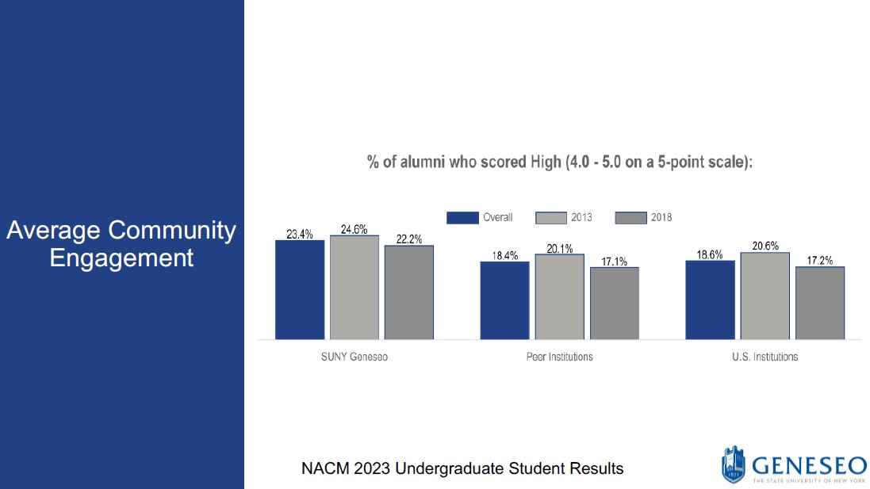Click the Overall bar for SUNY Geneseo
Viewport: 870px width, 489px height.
coord(300,290)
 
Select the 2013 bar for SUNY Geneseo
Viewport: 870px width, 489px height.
coord(355,288)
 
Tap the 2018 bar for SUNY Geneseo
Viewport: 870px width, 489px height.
coord(409,292)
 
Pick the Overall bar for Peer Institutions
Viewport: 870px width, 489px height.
coord(504,300)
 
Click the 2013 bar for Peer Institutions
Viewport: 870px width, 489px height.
coord(559,297)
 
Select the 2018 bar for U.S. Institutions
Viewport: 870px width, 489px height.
coord(820,303)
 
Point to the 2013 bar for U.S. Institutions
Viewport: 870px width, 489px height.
coord(765,296)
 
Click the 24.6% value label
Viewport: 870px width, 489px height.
coord(354,229)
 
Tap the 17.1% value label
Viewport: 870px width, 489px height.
coord(614,262)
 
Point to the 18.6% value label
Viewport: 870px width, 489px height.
coord(711,254)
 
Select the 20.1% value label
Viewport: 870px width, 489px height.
coord(559,249)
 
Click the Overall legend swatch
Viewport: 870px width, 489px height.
coord(462,217)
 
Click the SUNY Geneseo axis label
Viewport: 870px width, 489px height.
coord(349,357)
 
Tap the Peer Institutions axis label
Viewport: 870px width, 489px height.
coord(559,357)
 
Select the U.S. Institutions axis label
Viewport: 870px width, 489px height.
coord(765,357)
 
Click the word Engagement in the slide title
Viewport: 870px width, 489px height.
coord(121,258)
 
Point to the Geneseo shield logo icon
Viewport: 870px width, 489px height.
coord(733,464)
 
